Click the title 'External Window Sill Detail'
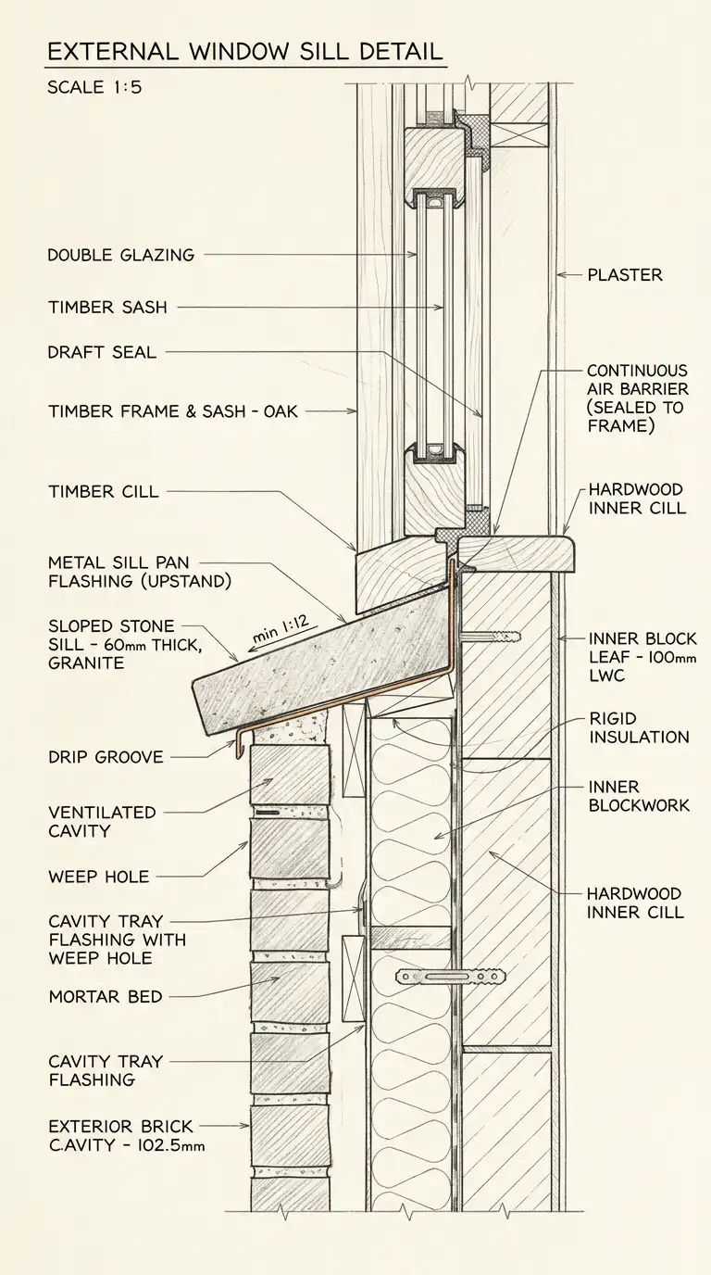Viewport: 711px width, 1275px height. [x=244, y=51]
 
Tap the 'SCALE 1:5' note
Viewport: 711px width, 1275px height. [x=94, y=89]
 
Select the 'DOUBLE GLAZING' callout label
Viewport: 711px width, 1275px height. [x=121, y=255]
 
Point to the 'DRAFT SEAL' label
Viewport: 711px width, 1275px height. [x=102, y=353]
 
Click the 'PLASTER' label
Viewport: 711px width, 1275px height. [x=625, y=275]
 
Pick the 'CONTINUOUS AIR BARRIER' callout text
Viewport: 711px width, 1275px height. [x=636, y=398]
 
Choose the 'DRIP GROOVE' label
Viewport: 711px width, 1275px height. [x=105, y=757]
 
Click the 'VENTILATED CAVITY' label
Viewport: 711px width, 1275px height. [x=102, y=821]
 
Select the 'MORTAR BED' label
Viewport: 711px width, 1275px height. [x=105, y=997]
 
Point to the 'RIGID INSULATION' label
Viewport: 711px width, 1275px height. [x=639, y=727]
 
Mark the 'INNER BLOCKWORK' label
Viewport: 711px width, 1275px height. [x=639, y=796]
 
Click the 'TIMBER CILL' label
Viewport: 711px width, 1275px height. [x=103, y=492]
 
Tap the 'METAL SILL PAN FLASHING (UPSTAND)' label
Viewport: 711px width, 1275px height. [x=139, y=572]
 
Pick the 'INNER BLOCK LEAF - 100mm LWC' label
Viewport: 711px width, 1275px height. [x=642, y=658]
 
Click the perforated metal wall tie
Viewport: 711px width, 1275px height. [x=452, y=976]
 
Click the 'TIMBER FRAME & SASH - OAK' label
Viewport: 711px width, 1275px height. [x=172, y=411]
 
